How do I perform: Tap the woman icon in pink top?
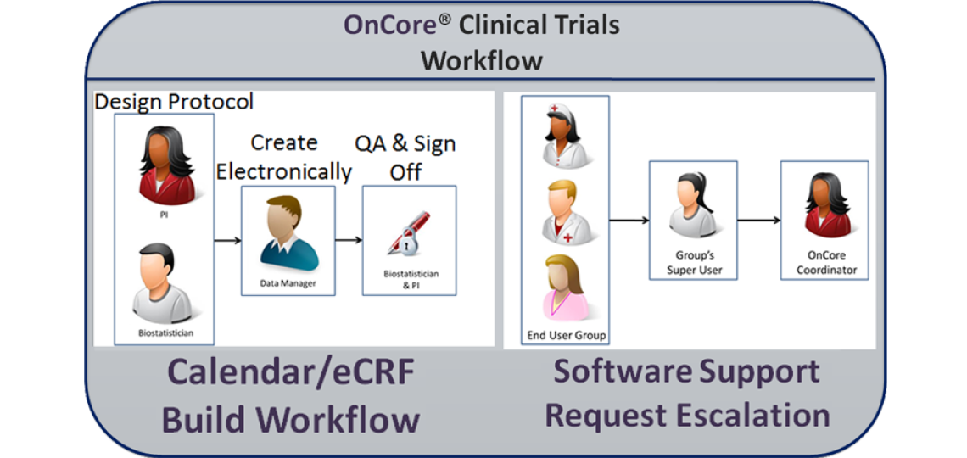(x=565, y=286)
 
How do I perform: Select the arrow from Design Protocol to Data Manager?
(x=226, y=241)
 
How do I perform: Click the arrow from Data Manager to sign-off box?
(x=348, y=241)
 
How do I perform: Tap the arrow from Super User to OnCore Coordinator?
(x=758, y=221)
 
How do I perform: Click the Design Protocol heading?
(x=174, y=102)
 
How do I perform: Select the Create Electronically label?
(x=283, y=157)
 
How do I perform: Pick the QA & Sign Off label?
(x=405, y=157)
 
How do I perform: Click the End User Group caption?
(x=566, y=335)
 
